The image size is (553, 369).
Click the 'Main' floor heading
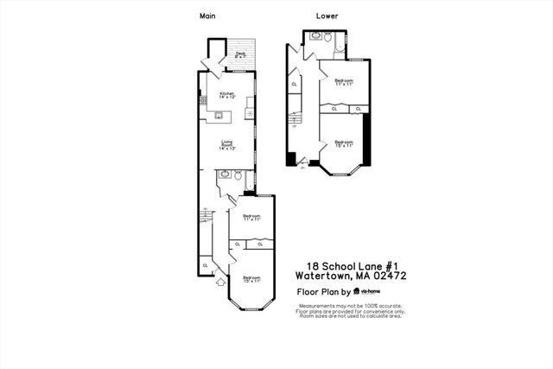click(207, 16)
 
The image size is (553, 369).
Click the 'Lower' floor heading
click(327, 16)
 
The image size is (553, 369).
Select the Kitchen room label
click(226, 95)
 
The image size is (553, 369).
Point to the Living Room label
click(226, 145)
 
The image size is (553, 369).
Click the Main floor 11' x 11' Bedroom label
click(251, 218)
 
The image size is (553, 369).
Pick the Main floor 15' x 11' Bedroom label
click(251, 279)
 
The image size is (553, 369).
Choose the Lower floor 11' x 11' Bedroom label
click(343, 82)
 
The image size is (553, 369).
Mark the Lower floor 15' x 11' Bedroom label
click(343, 143)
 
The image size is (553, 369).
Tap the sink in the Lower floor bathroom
click(315, 36)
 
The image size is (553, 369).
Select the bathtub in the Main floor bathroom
click(250, 180)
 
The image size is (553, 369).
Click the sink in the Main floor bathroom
click(225, 175)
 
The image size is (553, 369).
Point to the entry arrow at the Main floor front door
click(219, 281)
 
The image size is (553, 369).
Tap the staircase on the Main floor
click(205, 216)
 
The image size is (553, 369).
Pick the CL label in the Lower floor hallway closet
click(295, 84)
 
